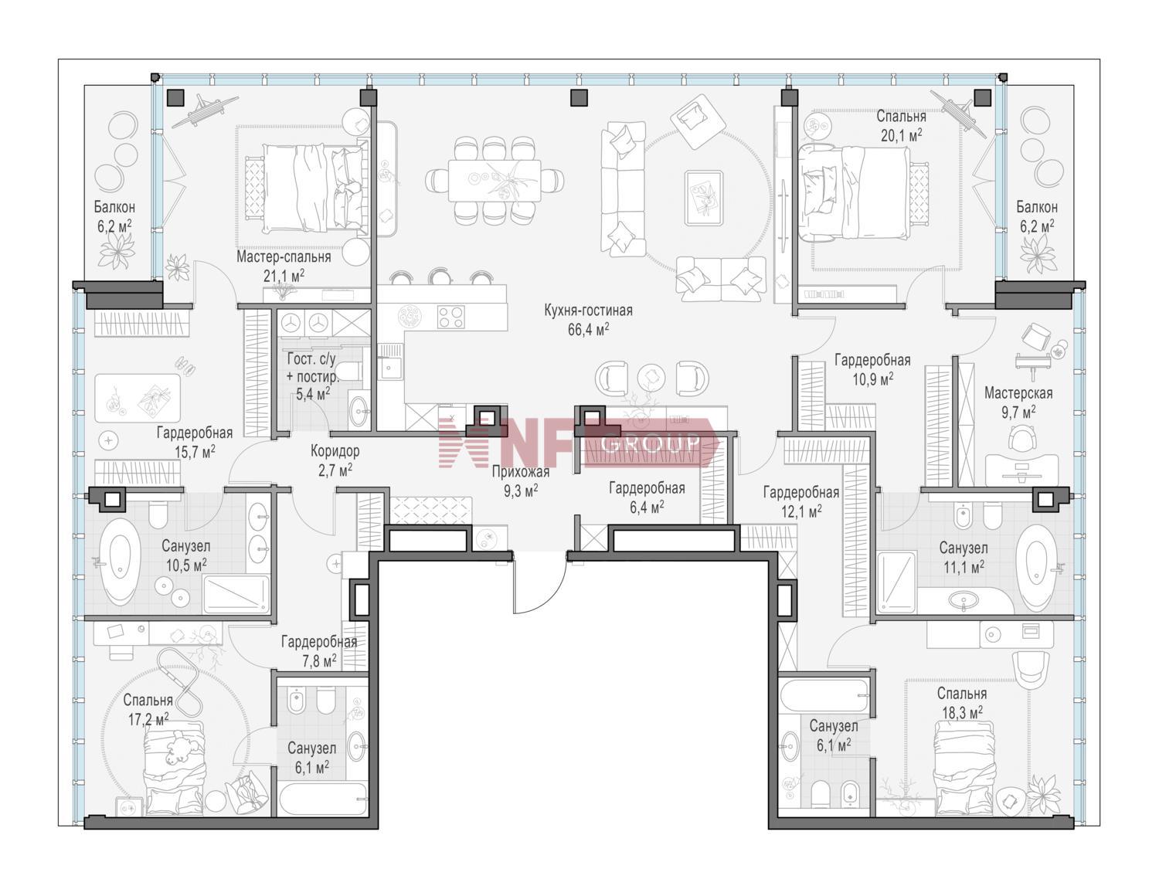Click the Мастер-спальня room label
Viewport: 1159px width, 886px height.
pos(284,257)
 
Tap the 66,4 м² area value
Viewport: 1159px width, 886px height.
pos(588,329)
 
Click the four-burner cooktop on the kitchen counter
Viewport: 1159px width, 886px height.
pos(450,316)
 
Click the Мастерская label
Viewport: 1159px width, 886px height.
pos(1018,392)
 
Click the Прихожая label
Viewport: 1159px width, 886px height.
pos(520,472)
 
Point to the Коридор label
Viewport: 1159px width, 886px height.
pos(335,450)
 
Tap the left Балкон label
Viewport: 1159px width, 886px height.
pos(114,206)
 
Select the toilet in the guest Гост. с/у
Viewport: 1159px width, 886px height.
pos(349,371)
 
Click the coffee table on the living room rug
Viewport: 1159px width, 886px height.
pos(703,198)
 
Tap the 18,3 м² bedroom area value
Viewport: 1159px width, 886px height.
pos(962,712)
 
